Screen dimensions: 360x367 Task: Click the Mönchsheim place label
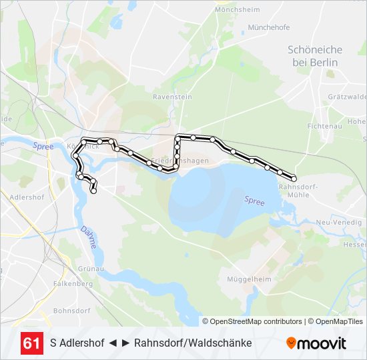point(237,10)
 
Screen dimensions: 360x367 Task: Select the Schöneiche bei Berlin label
point(315,56)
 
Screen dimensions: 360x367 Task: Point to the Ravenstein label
point(172,97)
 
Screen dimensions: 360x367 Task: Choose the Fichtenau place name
point(324,125)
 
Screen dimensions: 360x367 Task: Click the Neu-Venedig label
point(338,222)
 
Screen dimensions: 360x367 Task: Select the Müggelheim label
point(248,279)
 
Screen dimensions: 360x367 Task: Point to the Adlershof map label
point(27,197)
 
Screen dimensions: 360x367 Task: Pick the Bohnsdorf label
point(71,311)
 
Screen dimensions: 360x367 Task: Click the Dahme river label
point(89,237)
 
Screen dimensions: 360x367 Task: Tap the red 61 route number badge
point(31,343)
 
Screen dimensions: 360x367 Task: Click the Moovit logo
point(316,343)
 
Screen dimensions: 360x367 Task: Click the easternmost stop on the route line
point(294,178)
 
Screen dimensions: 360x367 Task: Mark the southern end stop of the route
point(93,191)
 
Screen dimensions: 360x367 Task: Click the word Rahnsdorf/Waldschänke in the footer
point(193,343)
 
